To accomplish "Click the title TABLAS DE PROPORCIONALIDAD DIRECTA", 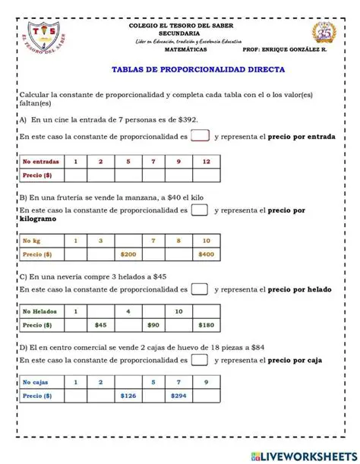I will point(198,68).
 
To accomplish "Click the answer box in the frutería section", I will point(200,210).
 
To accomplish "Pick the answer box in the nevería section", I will point(200,289).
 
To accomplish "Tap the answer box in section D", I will point(200,361).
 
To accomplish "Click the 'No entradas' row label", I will point(40,162).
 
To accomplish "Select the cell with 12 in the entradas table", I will point(206,162).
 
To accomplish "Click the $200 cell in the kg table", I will point(128,254).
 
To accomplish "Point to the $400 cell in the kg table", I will point(206,254).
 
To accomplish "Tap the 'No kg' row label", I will point(40,240).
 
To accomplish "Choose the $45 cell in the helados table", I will point(100,325).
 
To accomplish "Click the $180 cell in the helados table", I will point(206,325).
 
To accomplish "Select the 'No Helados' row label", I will point(40,311).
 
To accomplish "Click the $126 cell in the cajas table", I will point(128,396).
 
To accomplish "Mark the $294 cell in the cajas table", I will point(180,396).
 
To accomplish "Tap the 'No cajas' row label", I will point(40,382).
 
